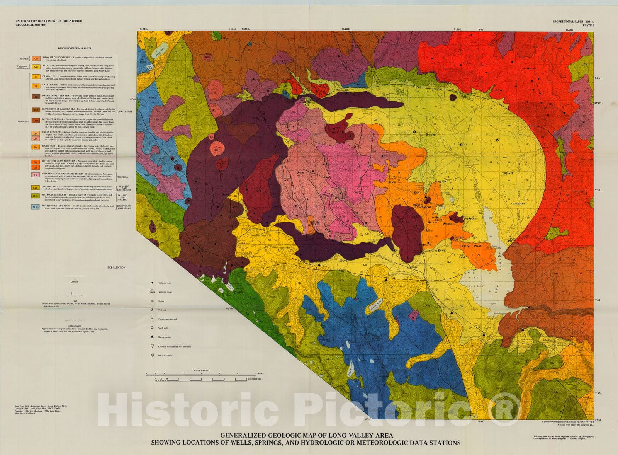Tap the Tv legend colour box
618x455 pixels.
coord(36,175)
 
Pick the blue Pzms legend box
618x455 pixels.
coord(36,206)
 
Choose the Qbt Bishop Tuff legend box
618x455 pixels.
coord(36,147)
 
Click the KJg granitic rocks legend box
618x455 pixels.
coord(36,187)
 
